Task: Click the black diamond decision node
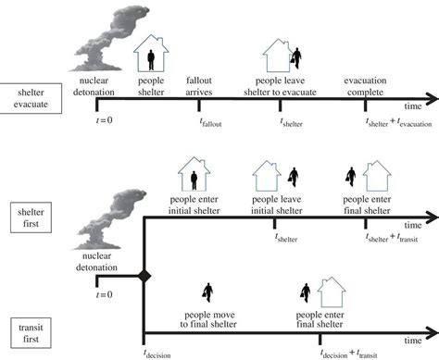pos(144,276)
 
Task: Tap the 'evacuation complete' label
pos(370,85)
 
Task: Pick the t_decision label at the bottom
pos(158,352)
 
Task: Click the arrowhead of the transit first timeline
pos(431,335)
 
